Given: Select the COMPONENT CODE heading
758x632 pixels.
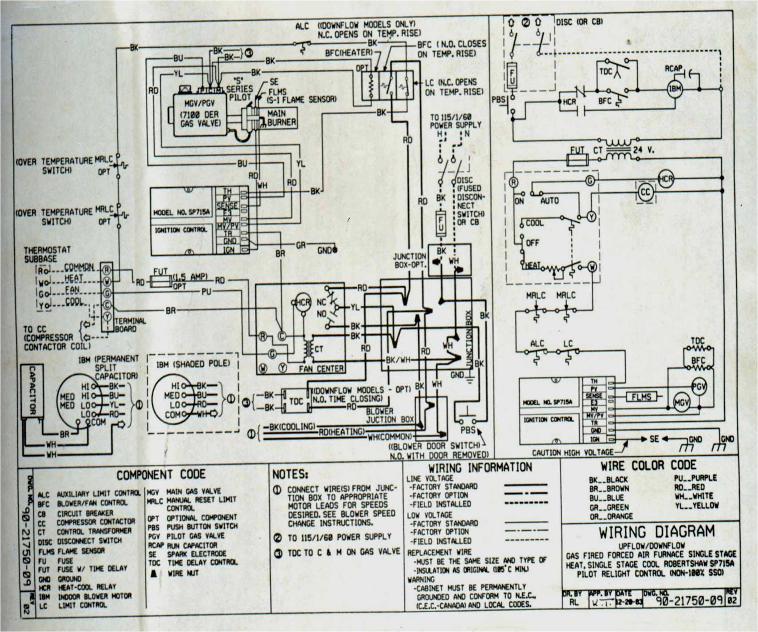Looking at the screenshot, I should (x=161, y=475).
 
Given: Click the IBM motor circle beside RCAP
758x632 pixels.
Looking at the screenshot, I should (x=675, y=89).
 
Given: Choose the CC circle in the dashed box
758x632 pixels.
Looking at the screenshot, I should (x=645, y=192).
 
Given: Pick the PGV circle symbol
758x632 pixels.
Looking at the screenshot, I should (x=699, y=387).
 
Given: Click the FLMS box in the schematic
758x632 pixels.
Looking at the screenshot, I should (x=641, y=397).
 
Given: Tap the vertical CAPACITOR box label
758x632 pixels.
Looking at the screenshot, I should (x=32, y=390).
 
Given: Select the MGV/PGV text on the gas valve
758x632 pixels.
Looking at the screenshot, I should (x=199, y=103).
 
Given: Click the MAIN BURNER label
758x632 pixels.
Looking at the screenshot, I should (x=281, y=118).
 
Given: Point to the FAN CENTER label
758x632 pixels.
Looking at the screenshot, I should (x=321, y=369).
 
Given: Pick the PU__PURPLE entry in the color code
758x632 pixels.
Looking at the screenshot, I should (x=695, y=478).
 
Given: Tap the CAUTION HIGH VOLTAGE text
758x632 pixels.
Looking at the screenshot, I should (x=572, y=452).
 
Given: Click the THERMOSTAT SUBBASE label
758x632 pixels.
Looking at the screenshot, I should (x=47, y=254).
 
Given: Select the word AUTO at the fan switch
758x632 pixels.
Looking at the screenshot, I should (x=549, y=201).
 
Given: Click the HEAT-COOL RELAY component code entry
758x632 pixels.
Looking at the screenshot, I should (x=87, y=587).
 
